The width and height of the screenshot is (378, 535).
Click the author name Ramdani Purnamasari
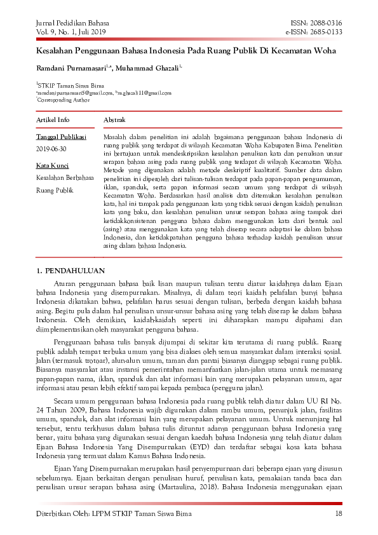point(72,67)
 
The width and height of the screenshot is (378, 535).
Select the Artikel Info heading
point(53,119)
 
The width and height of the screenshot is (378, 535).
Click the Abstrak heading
point(114,119)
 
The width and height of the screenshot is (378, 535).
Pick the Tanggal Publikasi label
point(61,137)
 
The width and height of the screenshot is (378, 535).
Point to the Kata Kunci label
point(52,165)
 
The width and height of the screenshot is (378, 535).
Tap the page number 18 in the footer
point(339,513)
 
